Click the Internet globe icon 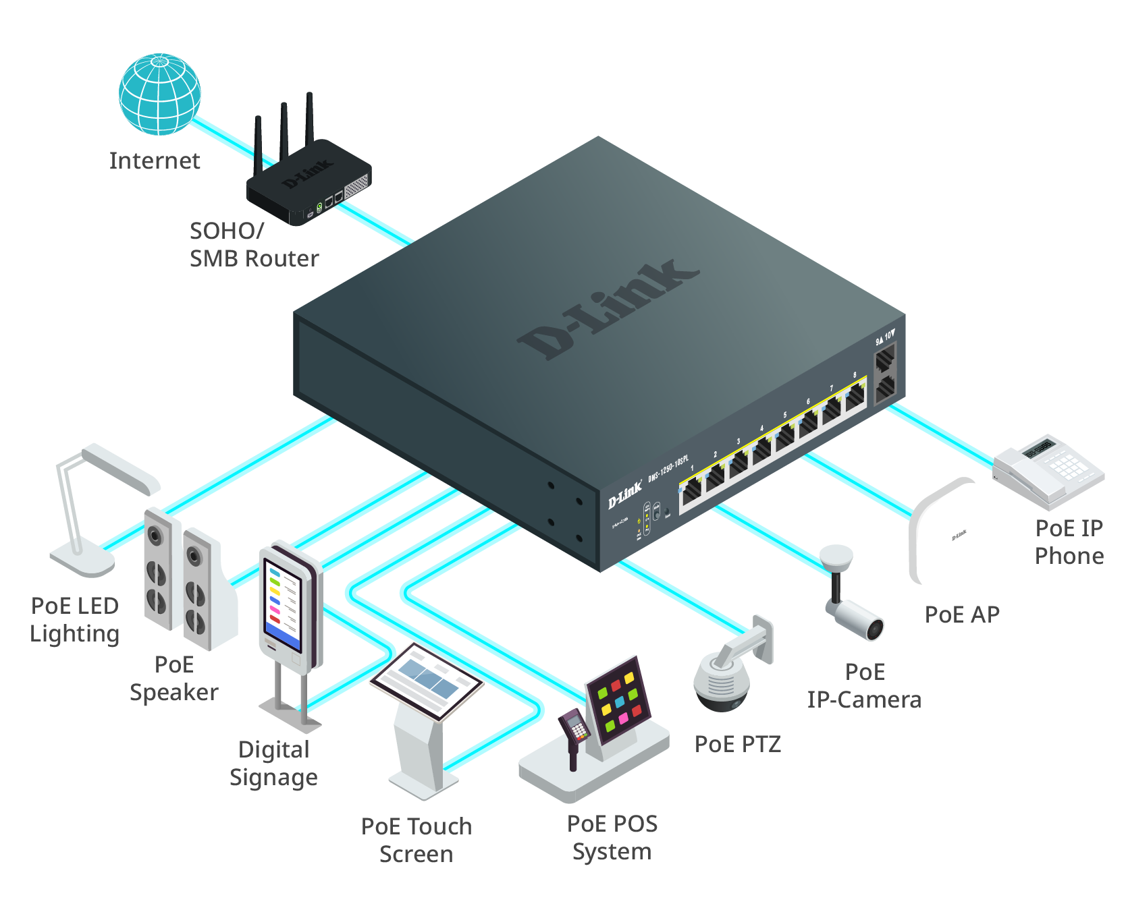159,94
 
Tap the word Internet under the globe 155,161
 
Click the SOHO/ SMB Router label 253,245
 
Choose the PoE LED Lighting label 74,620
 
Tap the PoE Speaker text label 174,679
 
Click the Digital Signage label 273,764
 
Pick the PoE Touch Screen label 416,840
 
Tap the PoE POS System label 612,837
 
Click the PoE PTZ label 738,744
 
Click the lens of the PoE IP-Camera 875,629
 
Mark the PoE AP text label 962,615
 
